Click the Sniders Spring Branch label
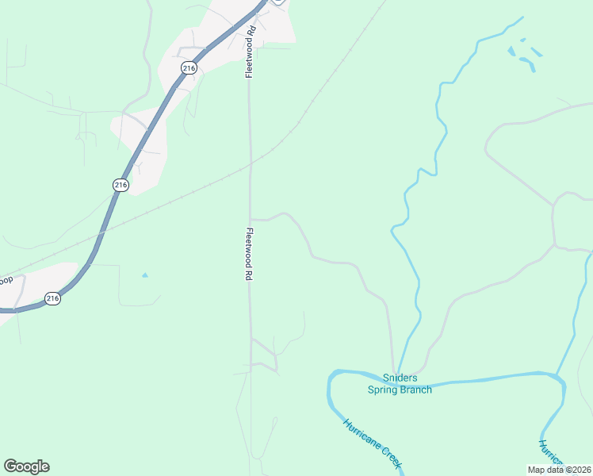click(x=400, y=383)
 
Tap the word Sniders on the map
click(x=400, y=378)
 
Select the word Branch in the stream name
click(x=416, y=389)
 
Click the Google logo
click(x=26, y=466)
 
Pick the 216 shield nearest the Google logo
click(x=52, y=298)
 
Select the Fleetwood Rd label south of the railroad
click(x=249, y=254)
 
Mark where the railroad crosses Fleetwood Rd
click(x=250, y=164)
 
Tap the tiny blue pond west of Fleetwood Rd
click(x=144, y=275)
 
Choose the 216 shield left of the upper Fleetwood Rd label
click(x=188, y=69)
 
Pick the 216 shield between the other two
click(x=120, y=184)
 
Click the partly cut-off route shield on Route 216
click(x=277, y=2)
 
